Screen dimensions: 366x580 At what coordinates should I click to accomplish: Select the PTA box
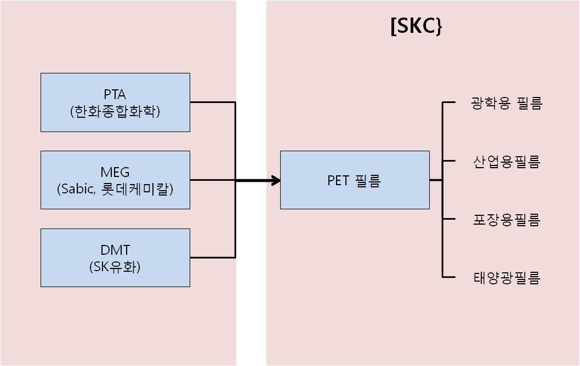pos(115,102)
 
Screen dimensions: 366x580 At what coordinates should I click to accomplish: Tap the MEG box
pos(115,180)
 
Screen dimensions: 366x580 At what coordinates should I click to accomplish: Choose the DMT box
pos(115,258)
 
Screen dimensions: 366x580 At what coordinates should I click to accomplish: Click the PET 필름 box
pos(354,180)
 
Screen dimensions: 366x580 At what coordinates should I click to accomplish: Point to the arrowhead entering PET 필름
pos(275,180)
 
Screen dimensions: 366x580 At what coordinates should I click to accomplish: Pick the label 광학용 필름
pos(506,103)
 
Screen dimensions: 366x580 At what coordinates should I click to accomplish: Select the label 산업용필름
pos(506,162)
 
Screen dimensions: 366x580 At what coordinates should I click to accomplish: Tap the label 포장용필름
pos(506,220)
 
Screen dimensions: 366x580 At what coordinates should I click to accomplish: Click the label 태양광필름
pos(506,278)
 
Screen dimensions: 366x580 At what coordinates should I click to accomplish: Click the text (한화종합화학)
pos(115,112)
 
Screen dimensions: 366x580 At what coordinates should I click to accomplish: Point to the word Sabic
pos(77,190)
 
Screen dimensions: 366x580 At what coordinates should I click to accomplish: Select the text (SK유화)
pos(115,267)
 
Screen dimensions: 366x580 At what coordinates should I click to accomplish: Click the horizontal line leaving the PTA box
pos(212,102)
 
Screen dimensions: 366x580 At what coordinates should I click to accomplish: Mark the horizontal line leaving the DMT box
pos(212,258)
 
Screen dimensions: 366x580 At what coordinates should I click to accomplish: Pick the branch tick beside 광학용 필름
pos(449,102)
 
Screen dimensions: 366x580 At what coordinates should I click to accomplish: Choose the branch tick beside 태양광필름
pos(449,277)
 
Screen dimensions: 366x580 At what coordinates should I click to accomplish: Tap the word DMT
pos(115,250)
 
